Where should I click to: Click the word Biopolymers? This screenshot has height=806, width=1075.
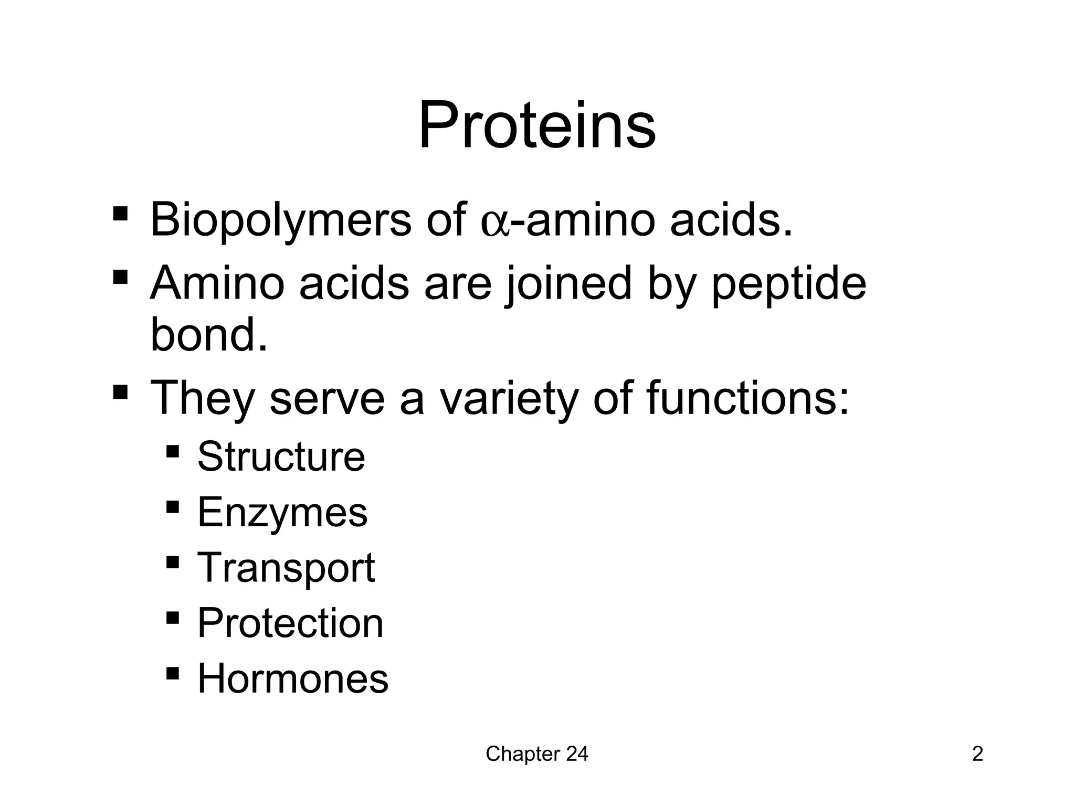click(280, 220)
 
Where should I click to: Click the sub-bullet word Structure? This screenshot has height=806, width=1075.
click(281, 457)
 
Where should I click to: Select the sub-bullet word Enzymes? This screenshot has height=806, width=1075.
click(282, 513)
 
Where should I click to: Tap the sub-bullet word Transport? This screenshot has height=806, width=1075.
click(286, 568)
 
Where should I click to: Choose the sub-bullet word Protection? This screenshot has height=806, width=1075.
click(290, 623)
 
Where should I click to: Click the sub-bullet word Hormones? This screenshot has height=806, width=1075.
click(292, 678)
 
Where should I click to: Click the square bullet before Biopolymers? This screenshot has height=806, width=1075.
click(120, 214)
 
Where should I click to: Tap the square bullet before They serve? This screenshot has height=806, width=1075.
click(120, 392)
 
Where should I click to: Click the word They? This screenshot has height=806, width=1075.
click(202, 399)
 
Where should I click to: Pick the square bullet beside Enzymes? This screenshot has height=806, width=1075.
click(172, 507)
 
